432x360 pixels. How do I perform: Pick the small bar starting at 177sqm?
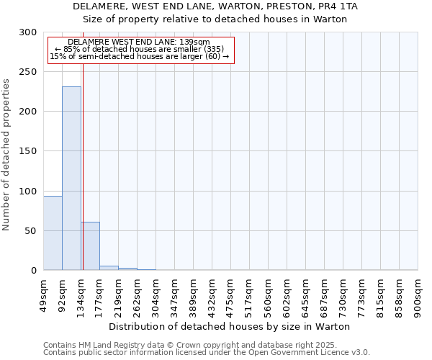[109, 268]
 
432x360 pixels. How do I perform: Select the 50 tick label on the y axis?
[31, 231]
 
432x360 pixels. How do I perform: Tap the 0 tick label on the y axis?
[34, 271]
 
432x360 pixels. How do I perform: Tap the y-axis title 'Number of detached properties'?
[7, 155]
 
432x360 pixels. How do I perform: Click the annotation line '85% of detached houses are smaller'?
[140, 49]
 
